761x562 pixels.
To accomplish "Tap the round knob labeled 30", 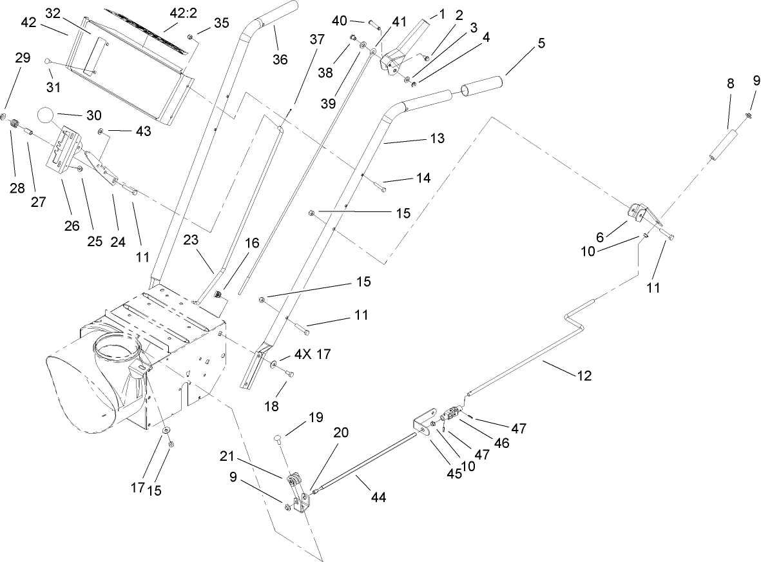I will pos(48,116).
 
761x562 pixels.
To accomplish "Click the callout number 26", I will pos(71,226).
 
